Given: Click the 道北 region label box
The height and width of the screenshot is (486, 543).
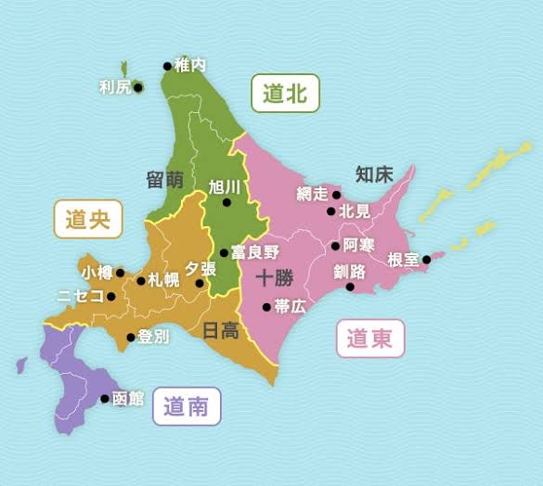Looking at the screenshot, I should click(285, 94).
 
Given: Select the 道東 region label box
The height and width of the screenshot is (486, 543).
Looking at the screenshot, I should click(369, 339).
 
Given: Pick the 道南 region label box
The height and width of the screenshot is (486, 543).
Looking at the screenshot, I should click(187, 406).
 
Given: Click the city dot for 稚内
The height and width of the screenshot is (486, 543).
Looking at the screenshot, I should click(167, 66).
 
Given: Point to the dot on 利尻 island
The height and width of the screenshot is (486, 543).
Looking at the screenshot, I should click(137, 88).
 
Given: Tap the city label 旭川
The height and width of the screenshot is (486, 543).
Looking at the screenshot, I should click(226, 186).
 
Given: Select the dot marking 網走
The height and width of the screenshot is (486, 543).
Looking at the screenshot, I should click(336, 196).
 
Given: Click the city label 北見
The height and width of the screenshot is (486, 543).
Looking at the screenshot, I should click(355, 211).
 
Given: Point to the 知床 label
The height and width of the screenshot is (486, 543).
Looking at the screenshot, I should click(374, 173).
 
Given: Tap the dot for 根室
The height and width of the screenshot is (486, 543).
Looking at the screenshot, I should click(426, 260).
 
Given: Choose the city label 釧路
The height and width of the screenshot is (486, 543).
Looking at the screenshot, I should click(349, 272).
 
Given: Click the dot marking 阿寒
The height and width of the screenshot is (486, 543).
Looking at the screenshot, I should click(335, 246).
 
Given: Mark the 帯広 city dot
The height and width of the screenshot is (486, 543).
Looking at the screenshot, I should click(266, 307).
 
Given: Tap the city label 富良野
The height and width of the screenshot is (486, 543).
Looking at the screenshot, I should click(255, 252).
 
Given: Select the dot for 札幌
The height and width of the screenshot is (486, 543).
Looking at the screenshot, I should click(140, 281).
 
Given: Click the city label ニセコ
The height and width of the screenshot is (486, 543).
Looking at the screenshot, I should click(80, 297).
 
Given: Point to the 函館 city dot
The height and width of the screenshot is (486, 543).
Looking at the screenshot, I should click(104, 399).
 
